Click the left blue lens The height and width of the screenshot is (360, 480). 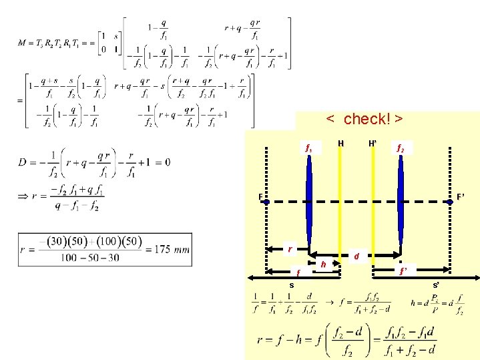tap(309, 200)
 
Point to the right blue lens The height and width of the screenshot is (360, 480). tap(401, 200)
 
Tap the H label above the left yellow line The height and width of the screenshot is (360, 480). tap(341, 143)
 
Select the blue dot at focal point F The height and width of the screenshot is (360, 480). tap(267, 200)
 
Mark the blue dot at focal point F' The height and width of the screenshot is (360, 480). tap(451, 200)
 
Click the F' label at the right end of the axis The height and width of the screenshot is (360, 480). tap(461, 197)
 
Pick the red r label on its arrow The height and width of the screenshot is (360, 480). tap(288, 248)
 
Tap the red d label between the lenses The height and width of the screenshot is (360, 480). tap(356, 256)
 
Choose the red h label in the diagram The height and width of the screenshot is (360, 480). tap(324, 264)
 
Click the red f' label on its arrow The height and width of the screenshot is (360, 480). tap(403, 271)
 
